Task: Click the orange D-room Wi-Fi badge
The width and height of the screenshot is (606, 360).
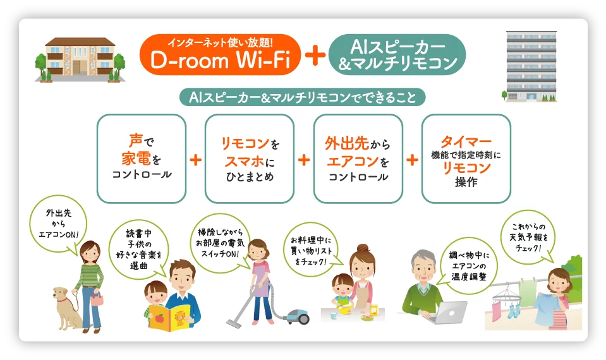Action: point(220,54)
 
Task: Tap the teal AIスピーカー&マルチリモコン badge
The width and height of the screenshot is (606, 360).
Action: point(397,54)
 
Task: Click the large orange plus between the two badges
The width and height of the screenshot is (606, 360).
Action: point(315,55)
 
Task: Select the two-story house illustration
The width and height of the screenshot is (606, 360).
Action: point(80,60)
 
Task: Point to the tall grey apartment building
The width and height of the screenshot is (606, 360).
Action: point(531,66)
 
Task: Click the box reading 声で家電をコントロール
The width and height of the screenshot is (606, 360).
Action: point(142,159)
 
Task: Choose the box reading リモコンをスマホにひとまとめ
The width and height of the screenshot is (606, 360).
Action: point(250,159)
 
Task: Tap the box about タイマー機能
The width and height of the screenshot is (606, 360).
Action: point(466,159)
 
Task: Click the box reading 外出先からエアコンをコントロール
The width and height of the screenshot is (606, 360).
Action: point(358,159)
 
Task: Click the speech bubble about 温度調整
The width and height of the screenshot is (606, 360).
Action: point(468,266)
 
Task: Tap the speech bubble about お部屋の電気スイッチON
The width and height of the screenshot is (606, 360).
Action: point(221,243)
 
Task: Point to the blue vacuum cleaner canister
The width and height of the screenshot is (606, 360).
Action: point(297,316)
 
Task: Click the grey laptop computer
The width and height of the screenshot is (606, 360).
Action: point(448,312)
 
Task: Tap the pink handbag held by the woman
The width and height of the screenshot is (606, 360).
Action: point(97,298)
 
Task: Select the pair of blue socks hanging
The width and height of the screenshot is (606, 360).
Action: point(512,310)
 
